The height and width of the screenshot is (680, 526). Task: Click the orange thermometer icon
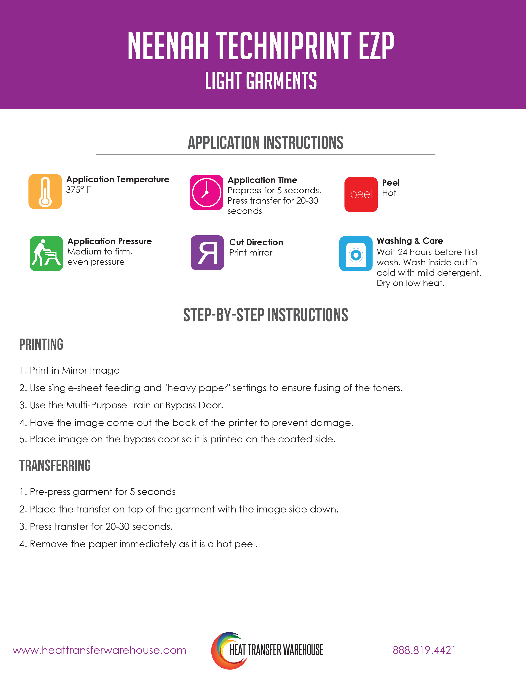pyautogui.click(x=45, y=191)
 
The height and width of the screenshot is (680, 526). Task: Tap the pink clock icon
pyautogui.click(x=207, y=192)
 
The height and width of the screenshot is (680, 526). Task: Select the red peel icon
pyautogui.click(x=361, y=195)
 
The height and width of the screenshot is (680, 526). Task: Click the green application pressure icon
pyautogui.click(x=46, y=253)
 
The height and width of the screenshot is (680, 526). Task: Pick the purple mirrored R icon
pyautogui.click(x=207, y=252)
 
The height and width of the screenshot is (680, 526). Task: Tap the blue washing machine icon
pyautogui.click(x=356, y=253)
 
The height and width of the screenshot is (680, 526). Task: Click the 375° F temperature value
pyautogui.click(x=79, y=190)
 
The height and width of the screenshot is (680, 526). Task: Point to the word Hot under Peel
pyautogui.click(x=389, y=193)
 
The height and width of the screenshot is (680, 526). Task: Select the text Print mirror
pyautogui.click(x=251, y=252)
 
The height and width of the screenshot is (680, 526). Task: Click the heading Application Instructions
pyautogui.click(x=265, y=143)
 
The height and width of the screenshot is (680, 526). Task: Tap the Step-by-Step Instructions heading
pyautogui.click(x=265, y=315)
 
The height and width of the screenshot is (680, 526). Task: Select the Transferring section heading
pyautogui.click(x=55, y=466)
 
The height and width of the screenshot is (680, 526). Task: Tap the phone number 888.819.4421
pyautogui.click(x=424, y=650)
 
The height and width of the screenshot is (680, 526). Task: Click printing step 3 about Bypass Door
pyautogui.click(x=121, y=405)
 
